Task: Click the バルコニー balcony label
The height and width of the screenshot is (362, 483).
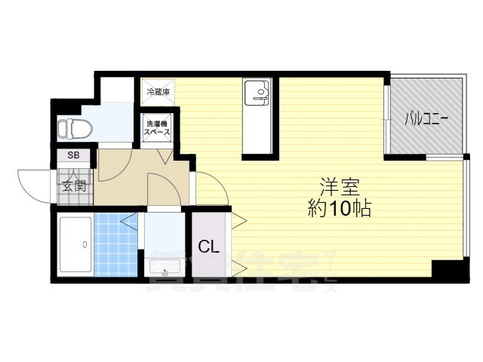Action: (426, 118)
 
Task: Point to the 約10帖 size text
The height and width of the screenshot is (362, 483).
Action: (340, 209)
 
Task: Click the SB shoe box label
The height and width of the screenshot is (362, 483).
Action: (73, 156)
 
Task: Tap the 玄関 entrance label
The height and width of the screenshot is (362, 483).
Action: (73, 186)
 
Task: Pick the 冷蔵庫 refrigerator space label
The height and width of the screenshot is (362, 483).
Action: (158, 92)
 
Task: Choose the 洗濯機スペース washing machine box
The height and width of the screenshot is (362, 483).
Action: (157, 126)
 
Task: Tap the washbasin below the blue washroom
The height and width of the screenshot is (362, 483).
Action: (166, 266)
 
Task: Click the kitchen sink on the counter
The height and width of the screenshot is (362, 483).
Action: (260, 95)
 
